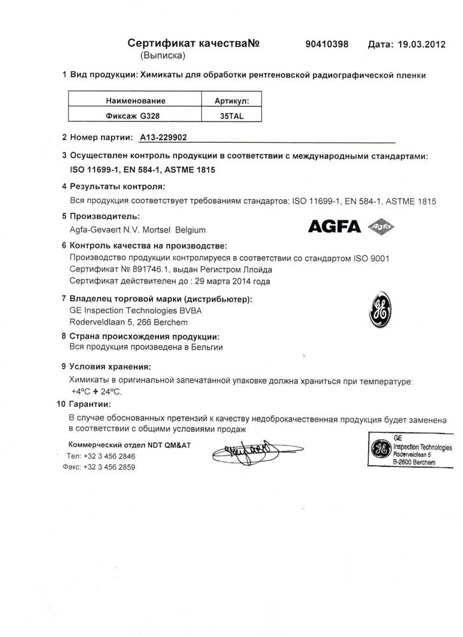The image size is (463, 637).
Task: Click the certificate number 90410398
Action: point(327,44)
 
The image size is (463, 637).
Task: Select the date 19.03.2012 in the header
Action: point(417,45)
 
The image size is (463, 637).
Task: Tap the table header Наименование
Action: point(136,101)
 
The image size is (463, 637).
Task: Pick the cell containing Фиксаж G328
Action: point(136,117)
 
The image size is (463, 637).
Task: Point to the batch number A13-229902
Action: point(159,137)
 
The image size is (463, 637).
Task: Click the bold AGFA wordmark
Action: point(334,226)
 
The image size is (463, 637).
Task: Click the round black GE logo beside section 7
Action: point(380,310)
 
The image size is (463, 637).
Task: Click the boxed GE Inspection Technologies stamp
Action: point(411,451)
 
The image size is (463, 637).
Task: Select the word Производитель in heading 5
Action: point(104,217)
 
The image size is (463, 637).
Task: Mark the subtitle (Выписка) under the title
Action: point(162,56)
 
